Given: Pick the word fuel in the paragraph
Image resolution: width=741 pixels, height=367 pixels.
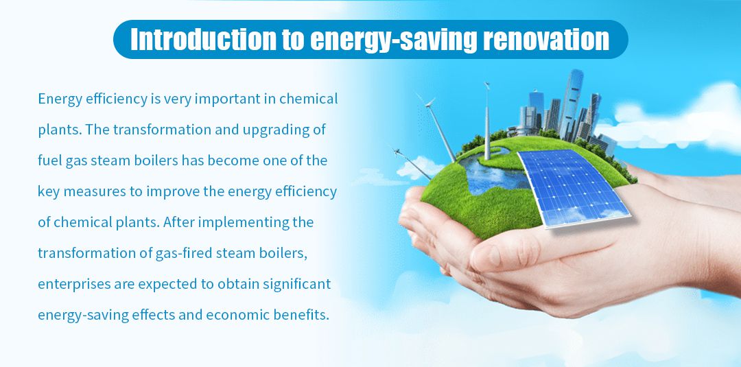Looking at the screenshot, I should pos(49,161).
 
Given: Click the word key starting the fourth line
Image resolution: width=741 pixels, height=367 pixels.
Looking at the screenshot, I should pos(48,191).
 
